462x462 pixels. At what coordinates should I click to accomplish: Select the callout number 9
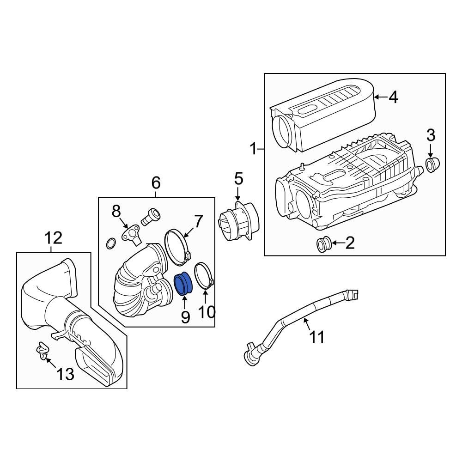point(185,317)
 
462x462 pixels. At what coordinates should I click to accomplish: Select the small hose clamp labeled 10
point(203,276)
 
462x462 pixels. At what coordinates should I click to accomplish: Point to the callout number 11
point(317,337)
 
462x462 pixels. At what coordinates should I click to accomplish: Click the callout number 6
point(156,183)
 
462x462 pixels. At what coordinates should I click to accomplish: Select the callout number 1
point(253,149)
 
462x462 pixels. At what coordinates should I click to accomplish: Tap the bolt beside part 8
point(151,216)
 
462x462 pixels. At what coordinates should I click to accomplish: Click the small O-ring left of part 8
point(111,243)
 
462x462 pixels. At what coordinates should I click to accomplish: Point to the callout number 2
point(350,243)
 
